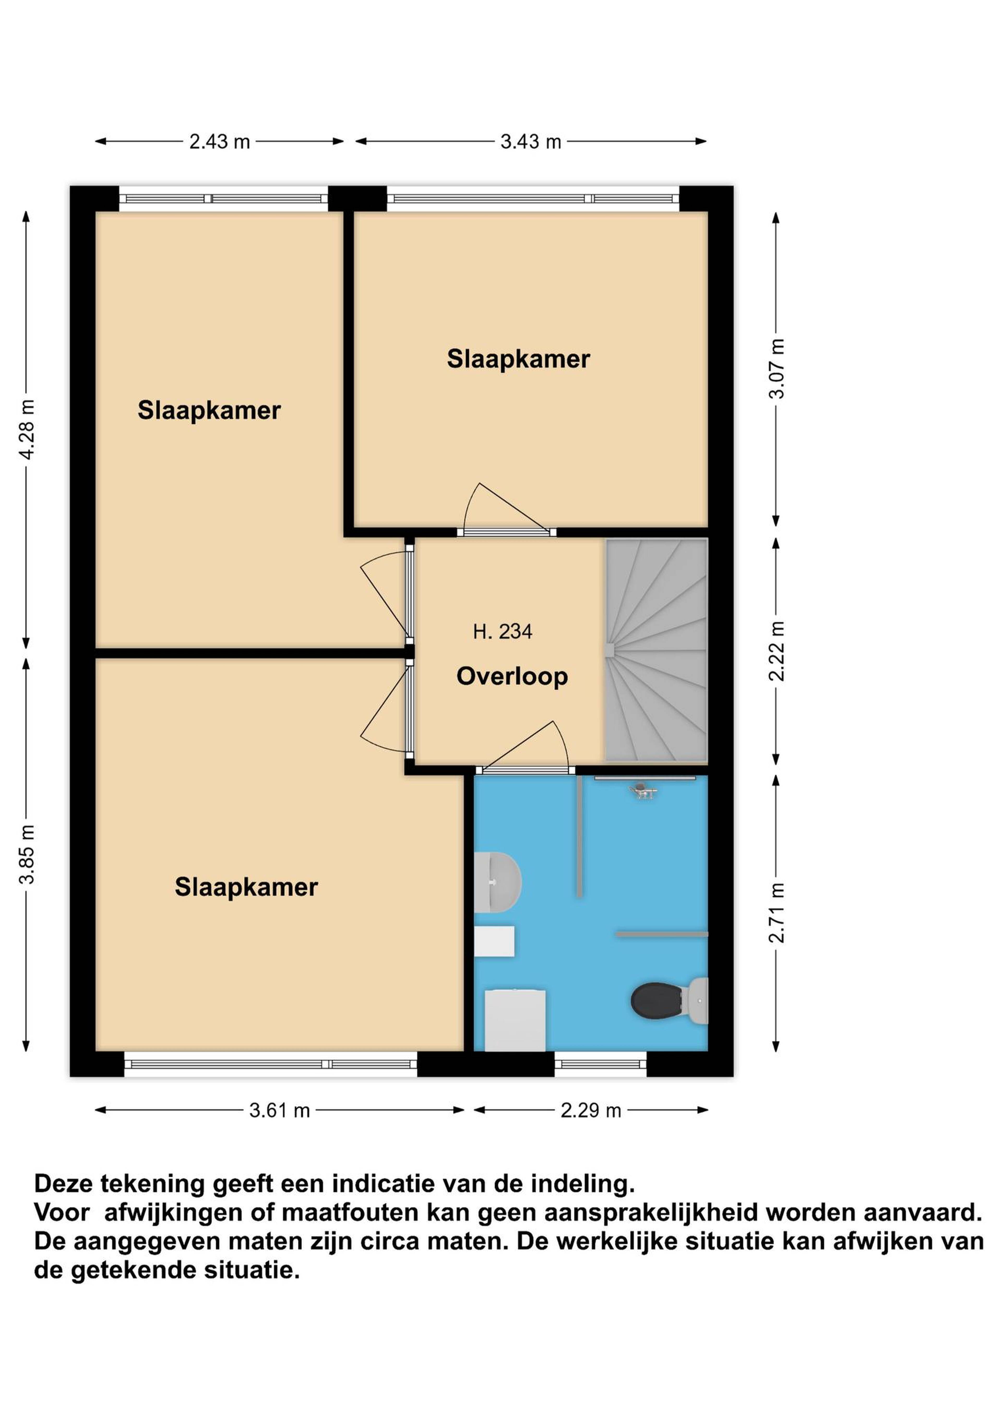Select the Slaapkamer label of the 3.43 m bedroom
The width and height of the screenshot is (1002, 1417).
click(518, 359)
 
